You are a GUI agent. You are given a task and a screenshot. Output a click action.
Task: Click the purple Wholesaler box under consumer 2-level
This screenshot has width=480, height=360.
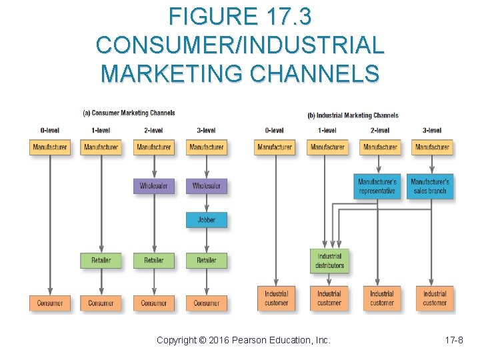point(153,186)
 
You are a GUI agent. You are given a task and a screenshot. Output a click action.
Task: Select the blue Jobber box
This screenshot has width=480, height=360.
point(206,220)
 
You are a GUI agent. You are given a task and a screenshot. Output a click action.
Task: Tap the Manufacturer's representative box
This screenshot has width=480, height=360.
point(377,186)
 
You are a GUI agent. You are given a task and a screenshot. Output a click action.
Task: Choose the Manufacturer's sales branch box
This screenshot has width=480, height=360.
point(430,186)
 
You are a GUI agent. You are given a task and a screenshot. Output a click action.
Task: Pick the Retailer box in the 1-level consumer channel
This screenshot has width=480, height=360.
point(101,260)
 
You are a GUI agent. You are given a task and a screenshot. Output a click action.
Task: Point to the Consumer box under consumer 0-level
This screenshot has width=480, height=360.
point(49,303)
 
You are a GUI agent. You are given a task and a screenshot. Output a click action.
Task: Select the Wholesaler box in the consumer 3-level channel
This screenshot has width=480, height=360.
point(206,186)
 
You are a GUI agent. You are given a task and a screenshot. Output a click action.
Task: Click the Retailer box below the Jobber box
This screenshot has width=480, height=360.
point(206,260)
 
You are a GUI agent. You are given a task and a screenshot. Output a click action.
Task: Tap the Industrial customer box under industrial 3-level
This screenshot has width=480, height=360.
point(435,298)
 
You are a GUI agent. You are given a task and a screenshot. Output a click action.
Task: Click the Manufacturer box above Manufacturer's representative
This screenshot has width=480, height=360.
point(381,147)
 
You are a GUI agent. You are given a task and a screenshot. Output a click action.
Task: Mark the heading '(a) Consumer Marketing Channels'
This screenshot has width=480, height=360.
point(129,113)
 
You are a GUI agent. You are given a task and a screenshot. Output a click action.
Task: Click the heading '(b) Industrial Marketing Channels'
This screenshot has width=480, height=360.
point(353,115)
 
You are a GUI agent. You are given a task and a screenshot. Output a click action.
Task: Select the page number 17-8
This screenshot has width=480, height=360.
point(454,340)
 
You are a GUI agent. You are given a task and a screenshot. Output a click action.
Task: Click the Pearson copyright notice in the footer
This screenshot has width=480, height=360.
point(243,340)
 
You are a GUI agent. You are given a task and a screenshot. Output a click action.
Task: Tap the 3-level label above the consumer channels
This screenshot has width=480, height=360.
point(206,131)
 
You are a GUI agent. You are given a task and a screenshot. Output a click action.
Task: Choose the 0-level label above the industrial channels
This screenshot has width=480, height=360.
point(274,131)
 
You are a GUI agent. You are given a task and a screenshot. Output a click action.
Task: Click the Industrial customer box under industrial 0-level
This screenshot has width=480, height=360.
point(276,298)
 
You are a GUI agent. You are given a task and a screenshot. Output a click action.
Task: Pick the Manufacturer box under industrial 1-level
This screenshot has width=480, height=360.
point(327,147)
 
